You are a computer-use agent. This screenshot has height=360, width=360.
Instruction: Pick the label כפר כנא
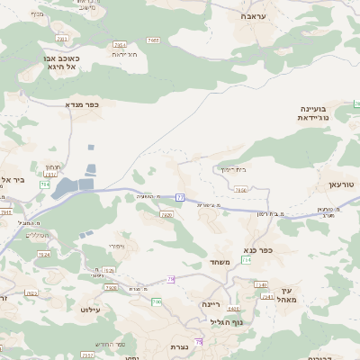click(x=257, y=249)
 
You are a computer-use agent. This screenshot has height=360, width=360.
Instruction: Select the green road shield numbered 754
click(x=247, y=259)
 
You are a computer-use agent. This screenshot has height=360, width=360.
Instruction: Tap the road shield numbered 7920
click(x=166, y=214)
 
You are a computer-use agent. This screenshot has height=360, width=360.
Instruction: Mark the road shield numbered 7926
click(x=110, y=270)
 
